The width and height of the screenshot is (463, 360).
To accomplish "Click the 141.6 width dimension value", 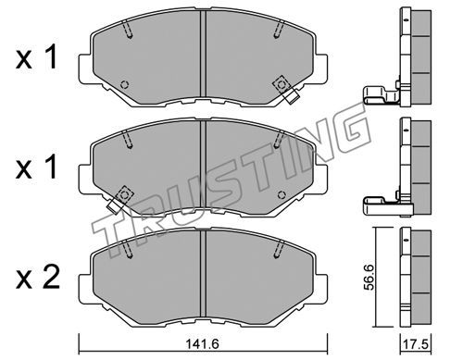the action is tap(202, 344).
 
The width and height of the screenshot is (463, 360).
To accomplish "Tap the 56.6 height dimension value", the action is tap(369, 277).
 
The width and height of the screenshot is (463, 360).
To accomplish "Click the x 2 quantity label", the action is tap(37, 278).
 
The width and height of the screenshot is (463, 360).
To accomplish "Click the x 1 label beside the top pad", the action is tap(36, 56).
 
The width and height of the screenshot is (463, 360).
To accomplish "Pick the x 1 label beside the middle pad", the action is tap(36, 167).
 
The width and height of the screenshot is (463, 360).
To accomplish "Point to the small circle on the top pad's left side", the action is tap(125, 84).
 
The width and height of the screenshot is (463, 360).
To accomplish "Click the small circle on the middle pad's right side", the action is tap(282, 195).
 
